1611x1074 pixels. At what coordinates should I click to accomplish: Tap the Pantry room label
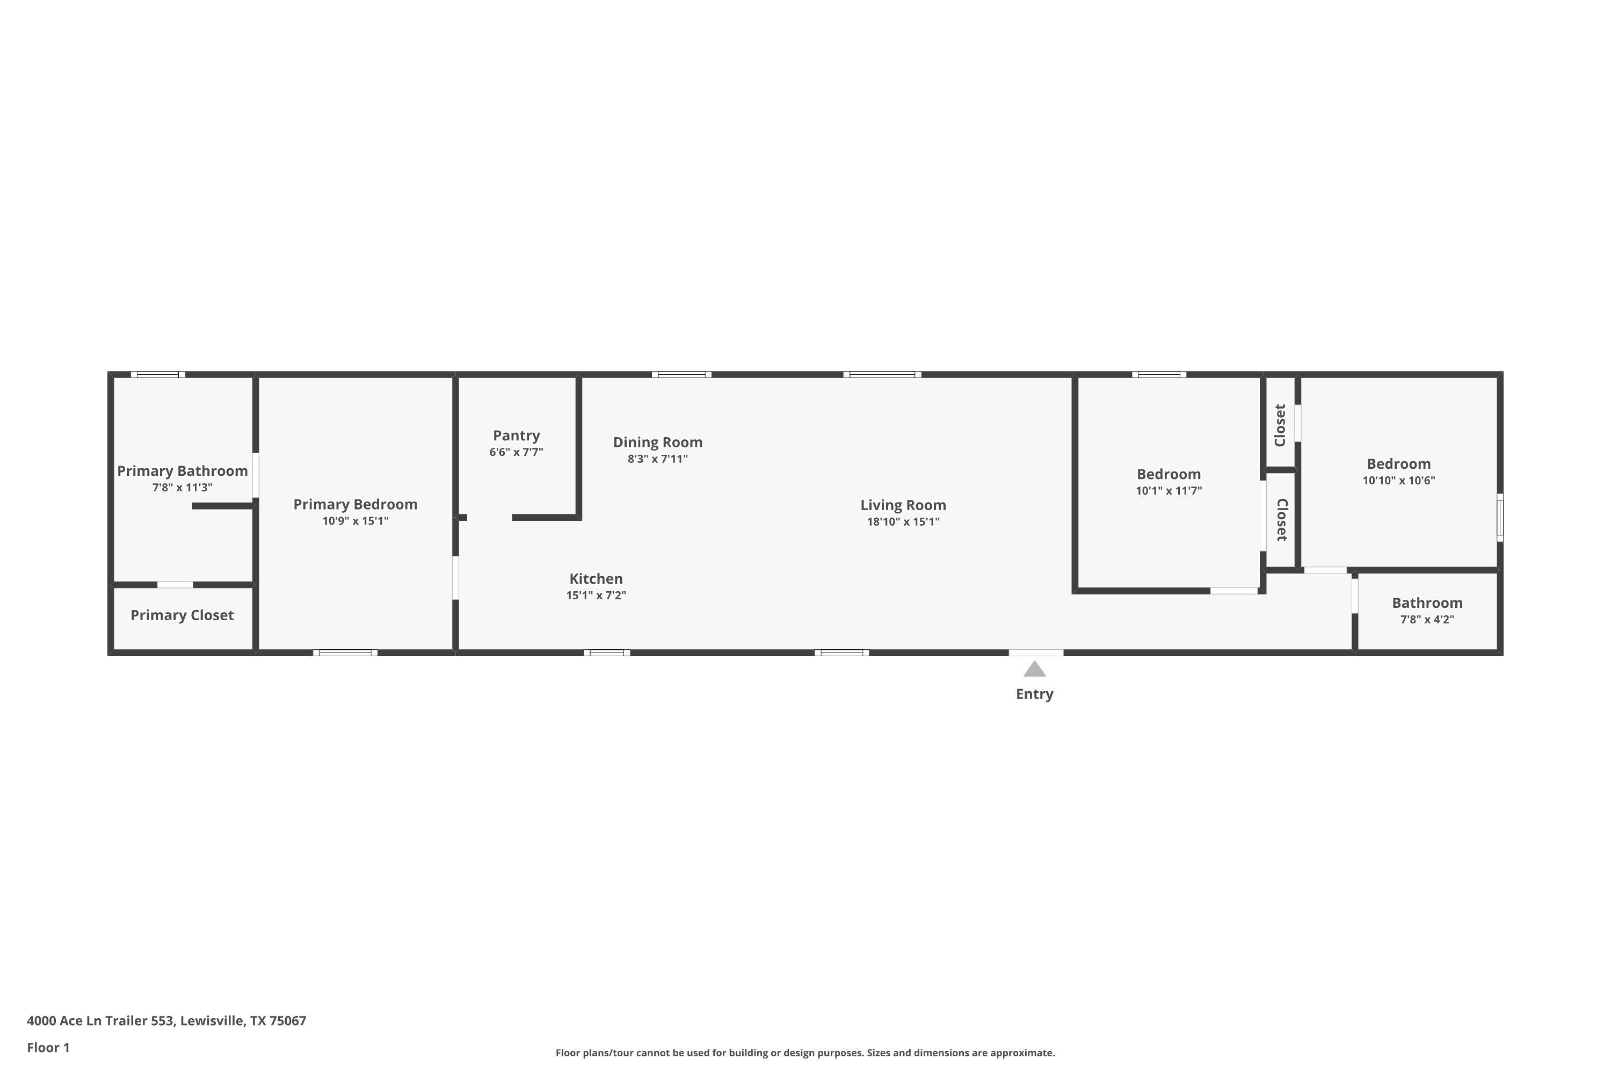517,436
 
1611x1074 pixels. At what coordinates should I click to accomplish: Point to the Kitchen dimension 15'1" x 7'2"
596,595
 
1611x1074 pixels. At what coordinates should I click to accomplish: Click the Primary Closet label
182,615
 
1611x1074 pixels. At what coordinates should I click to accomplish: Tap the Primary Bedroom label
355,505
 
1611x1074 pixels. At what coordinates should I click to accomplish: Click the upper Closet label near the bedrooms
1280,425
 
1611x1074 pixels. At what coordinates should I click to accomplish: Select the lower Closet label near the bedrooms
1282,520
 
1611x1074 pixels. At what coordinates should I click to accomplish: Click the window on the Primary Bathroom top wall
158,375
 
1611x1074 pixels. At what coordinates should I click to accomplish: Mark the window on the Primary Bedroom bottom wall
345,653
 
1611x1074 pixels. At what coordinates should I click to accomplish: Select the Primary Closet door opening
176,585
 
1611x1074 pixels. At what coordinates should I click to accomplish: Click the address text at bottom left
166,1021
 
